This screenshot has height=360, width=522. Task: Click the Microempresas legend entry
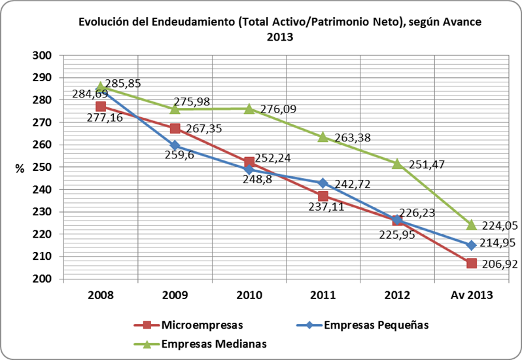[196, 324]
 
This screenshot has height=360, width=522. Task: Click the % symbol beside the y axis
[20, 168]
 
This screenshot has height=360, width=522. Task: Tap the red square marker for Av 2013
[471, 263]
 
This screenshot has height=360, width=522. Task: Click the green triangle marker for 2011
[322, 137]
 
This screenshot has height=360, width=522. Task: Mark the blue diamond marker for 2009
[175, 145]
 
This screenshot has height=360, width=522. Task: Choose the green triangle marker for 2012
[396, 164]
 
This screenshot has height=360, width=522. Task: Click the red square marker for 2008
[101, 106]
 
